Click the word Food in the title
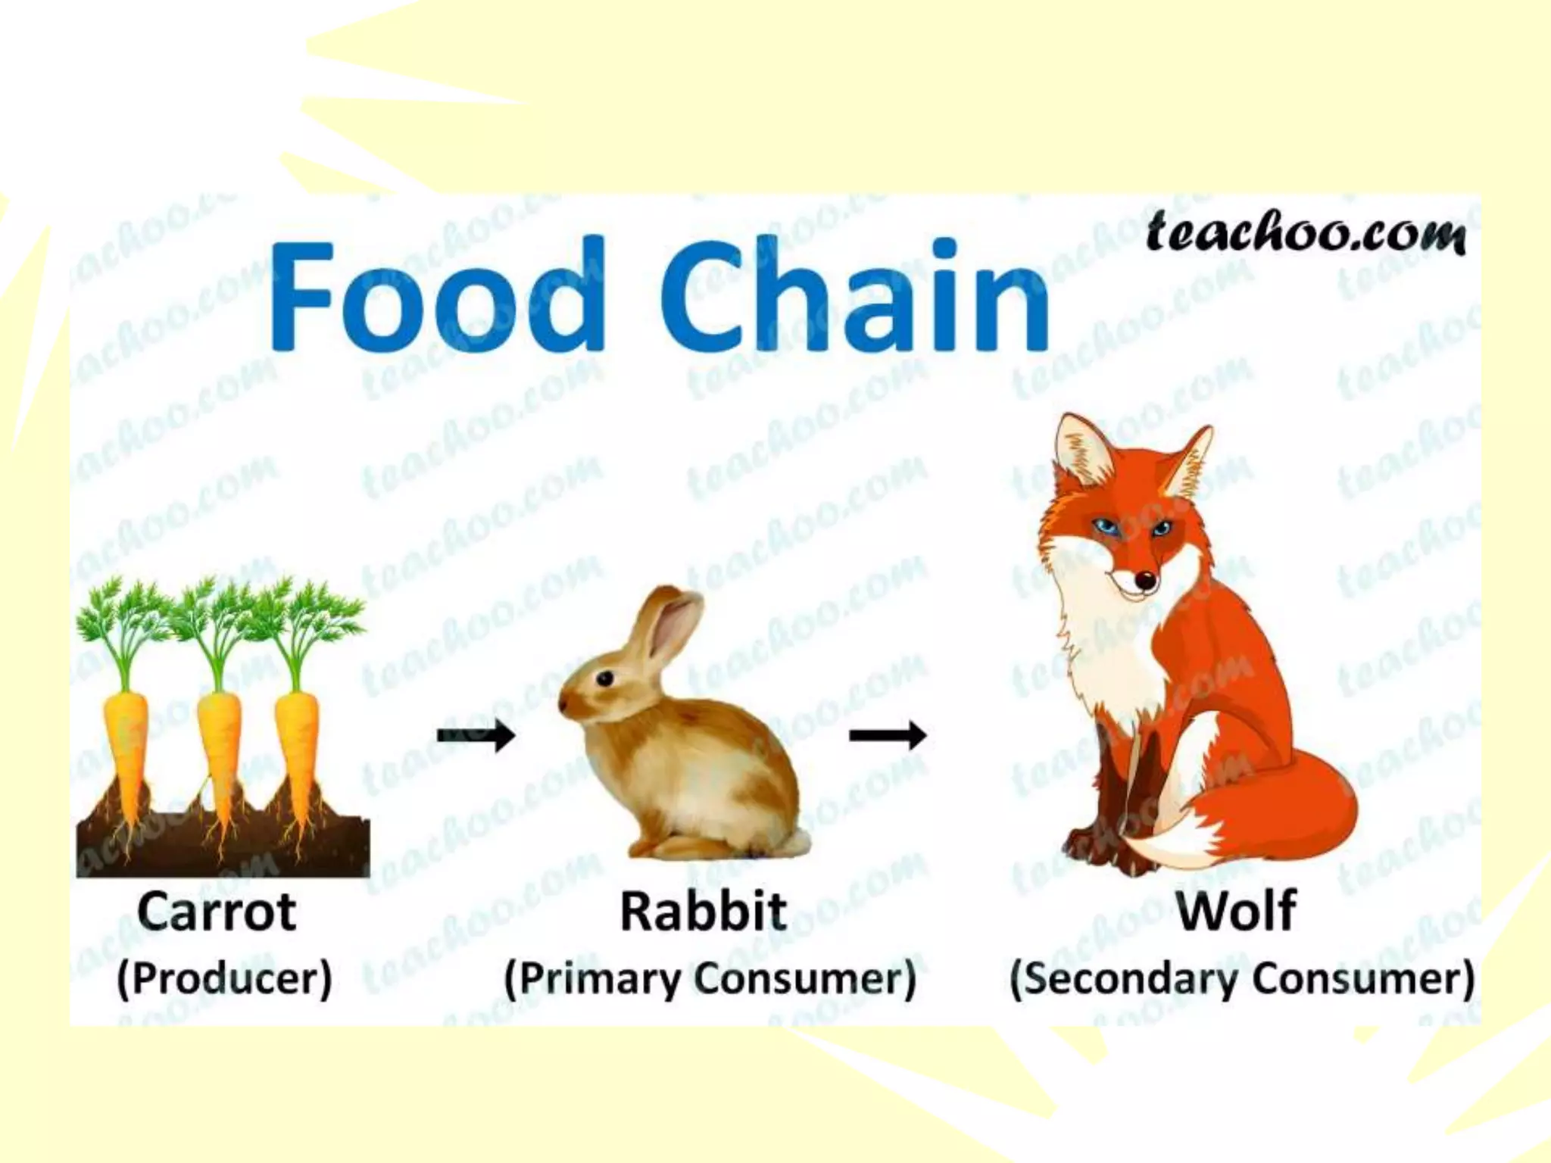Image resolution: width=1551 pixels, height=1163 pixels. coord(438,295)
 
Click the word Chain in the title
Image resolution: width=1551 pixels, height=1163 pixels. coord(856,295)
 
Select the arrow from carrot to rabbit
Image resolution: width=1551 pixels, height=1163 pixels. coord(476,734)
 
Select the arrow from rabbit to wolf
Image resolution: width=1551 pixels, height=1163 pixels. coord(888,734)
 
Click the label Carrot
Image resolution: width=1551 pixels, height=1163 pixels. coord(217,912)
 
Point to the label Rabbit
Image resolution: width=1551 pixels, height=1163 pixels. coord(704,912)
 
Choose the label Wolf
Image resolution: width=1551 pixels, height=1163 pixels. coord(1236,912)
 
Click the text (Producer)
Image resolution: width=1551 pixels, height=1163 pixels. coord(224,978)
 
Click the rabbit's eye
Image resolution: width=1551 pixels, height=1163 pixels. coord(604,678)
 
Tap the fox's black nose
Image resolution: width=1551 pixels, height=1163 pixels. coord(1146,581)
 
